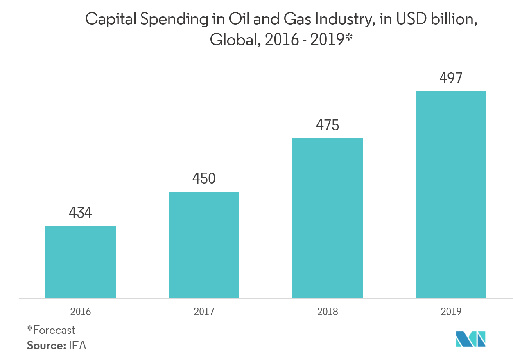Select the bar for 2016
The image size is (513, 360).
tap(80, 262)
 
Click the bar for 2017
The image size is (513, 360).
tap(204, 245)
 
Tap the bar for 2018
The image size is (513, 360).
tap(327, 218)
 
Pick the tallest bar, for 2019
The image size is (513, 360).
tap(451, 195)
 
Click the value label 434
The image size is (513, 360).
tap(80, 213)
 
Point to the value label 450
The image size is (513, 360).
tap(204, 179)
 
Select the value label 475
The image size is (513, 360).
tap(327, 125)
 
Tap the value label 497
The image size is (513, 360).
tap(451, 78)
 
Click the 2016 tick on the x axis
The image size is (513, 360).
tap(80, 312)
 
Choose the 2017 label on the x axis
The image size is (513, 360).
tap(204, 312)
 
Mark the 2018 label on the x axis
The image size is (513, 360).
tap(327, 312)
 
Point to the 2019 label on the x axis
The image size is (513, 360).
tap(451, 312)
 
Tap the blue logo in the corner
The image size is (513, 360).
tap(470, 339)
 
